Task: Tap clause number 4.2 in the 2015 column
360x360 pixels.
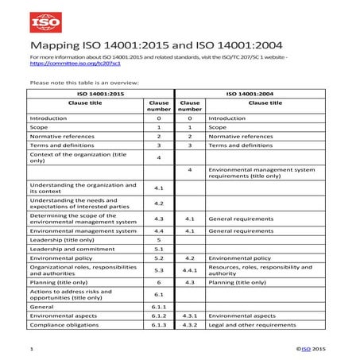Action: coord(158,203)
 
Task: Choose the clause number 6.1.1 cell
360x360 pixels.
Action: coord(158,306)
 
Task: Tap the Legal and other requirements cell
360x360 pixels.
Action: coord(252,325)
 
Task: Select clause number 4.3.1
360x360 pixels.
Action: coord(190,315)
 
